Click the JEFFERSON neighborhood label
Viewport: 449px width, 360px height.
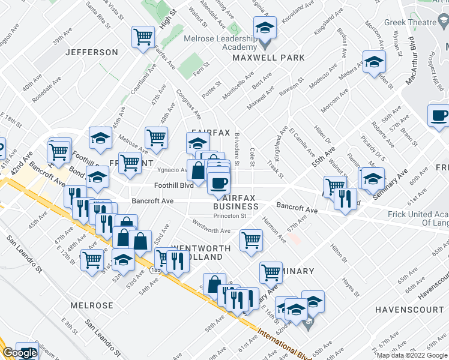tap(92, 52)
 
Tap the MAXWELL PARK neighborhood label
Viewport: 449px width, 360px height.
tap(269, 58)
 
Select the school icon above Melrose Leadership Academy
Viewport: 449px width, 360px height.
tap(265, 28)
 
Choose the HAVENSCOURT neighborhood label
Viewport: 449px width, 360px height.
tap(408, 310)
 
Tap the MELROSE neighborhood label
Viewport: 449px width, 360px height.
tap(91, 305)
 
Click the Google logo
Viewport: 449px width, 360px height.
tap(20, 353)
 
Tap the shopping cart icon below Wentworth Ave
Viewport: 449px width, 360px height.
tap(251, 240)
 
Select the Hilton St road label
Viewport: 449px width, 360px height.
tap(340, 251)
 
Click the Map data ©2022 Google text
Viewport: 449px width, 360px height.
tap(411, 355)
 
